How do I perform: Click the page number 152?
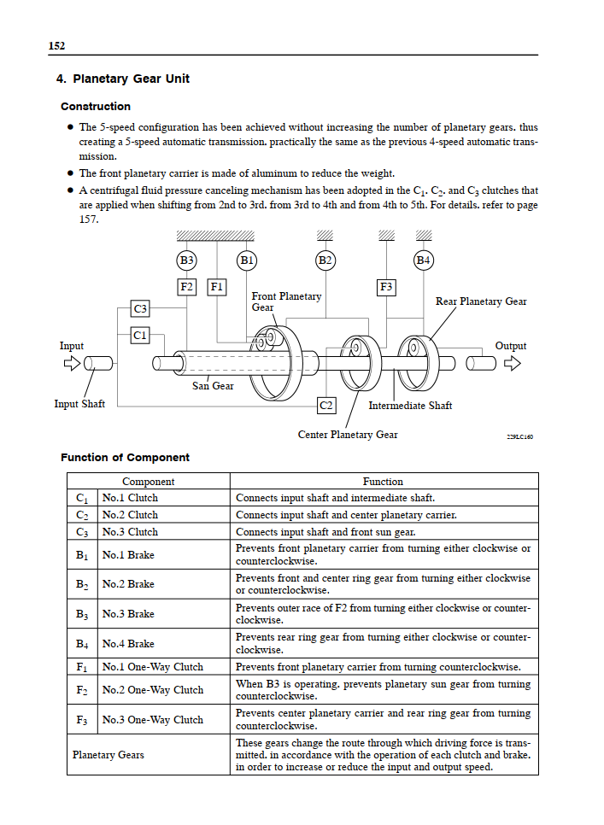[57, 46]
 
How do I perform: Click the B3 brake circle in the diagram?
[187, 260]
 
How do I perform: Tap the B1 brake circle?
[247, 260]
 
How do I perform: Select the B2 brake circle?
[325, 260]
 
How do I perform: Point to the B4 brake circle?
[424, 260]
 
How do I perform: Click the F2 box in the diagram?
[187, 287]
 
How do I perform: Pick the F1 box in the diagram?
[217, 287]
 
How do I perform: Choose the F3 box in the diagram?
[386, 287]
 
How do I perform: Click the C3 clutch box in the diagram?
[140, 308]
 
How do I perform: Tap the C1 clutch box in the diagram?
[140, 336]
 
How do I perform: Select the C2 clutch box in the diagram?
[325, 405]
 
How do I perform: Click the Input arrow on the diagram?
[72, 364]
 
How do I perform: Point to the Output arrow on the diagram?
[512, 364]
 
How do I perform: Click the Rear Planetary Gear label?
[481, 301]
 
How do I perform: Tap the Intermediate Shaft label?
[410, 406]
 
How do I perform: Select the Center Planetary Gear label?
[348, 435]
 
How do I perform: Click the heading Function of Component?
[126, 458]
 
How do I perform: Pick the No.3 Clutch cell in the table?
[130, 532]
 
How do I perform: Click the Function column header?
[383, 482]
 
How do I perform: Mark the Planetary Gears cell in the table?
[108, 755]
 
